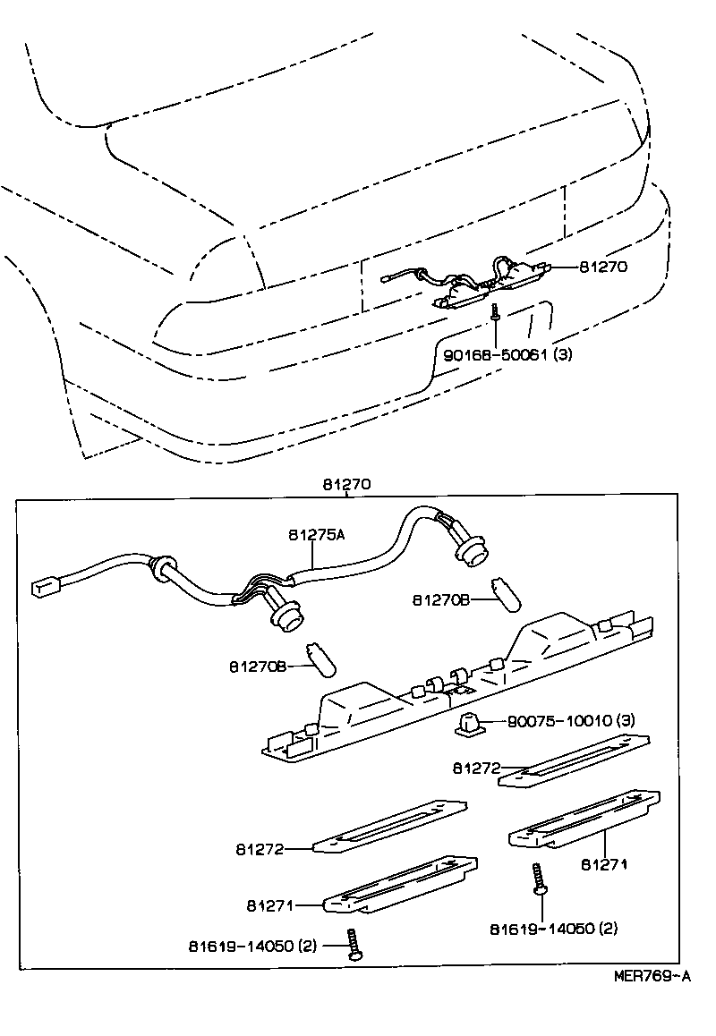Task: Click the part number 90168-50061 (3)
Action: pos(507,354)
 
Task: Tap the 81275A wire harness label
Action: pos(316,535)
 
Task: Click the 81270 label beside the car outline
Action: pos(603,266)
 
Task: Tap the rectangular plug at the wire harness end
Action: pos(44,586)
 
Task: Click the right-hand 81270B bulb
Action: pos(506,595)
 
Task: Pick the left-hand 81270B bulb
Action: pos(321,658)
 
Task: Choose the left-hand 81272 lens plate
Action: pos(388,827)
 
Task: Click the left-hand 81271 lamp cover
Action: pos(399,886)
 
